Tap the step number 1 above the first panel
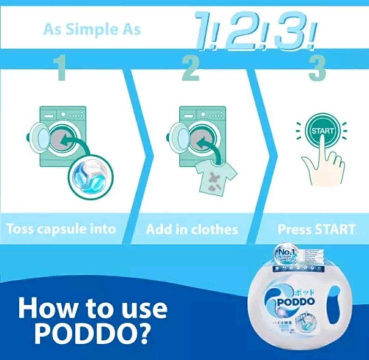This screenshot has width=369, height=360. tap(61, 68)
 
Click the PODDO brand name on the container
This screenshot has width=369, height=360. tap(296, 302)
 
